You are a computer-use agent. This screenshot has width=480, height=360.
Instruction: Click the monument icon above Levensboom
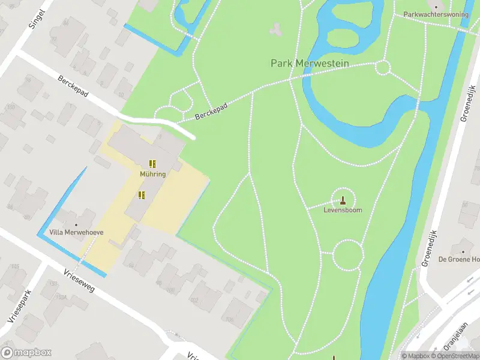coord(343,200)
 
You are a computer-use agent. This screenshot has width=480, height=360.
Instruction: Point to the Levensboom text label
coord(343,211)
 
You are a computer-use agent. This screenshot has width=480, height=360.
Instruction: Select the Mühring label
coord(152,174)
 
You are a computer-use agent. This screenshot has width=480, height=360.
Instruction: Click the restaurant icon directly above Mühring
coord(152,163)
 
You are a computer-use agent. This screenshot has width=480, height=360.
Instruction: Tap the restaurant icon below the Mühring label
coord(142,194)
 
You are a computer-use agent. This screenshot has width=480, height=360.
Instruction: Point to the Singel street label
coord(37,19)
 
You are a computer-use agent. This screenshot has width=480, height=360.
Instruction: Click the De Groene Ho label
coord(459,259)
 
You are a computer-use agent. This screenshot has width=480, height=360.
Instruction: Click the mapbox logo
coord(26,353)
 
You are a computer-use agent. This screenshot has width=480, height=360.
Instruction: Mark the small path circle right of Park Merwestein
coord(382,67)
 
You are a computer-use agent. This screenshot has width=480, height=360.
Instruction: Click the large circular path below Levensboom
coord(347,255)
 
